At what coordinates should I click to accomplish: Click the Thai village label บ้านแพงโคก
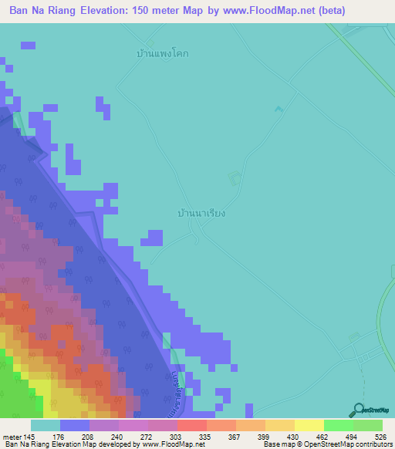click(x=163, y=54)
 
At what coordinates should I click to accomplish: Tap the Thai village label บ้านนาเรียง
click(x=201, y=211)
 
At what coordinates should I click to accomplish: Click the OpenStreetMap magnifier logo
click(x=358, y=410)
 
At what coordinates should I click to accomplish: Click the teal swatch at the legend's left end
click(x=45, y=425)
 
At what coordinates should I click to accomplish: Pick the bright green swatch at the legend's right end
click(x=368, y=425)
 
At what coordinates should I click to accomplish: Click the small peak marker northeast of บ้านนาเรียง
click(x=279, y=110)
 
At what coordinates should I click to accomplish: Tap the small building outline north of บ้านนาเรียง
click(x=232, y=179)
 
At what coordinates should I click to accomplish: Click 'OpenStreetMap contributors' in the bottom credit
click(x=350, y=444)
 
